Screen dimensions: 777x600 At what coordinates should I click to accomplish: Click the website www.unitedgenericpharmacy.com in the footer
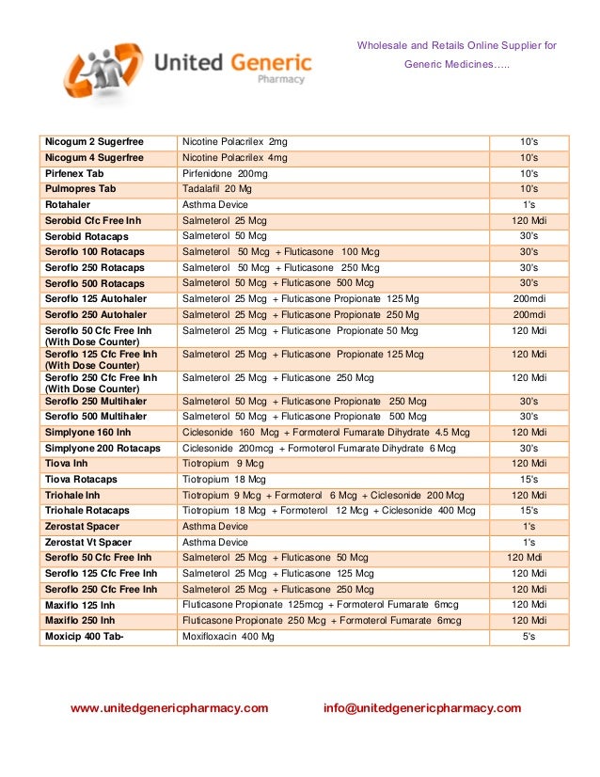pos(169,708)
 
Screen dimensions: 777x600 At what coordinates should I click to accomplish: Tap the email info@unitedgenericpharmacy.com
pos(421,708)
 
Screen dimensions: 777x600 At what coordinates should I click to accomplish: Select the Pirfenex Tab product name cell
pos(74,174)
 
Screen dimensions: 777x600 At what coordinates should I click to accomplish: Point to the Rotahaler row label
pos(69,205)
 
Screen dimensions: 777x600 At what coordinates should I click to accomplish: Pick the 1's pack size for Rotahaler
pos(529,205)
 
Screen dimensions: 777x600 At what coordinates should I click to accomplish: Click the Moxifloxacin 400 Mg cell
pos(229,637)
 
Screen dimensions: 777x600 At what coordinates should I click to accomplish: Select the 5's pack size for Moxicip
pos(529,637)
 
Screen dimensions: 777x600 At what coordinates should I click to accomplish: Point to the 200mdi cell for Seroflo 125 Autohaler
pos(529,299)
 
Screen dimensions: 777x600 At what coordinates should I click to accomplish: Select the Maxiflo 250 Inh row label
pos(80,621)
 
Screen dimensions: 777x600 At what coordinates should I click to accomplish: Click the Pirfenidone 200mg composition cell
pos(225,174)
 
